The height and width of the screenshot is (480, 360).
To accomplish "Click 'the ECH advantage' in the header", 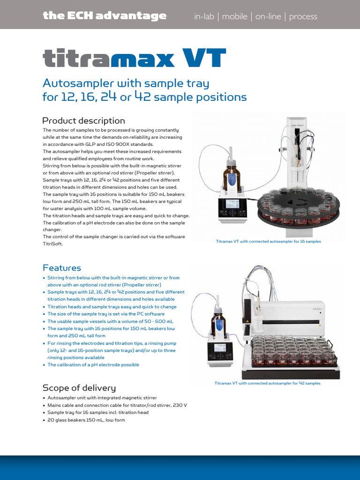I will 104,16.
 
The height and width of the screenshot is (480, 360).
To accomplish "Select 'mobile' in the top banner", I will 234,16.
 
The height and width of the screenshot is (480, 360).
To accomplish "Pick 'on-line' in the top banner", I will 268,16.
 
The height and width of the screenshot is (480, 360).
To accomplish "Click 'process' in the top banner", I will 303,16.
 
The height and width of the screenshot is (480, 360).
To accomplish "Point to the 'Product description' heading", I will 83,120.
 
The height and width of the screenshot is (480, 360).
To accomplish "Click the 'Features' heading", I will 61,268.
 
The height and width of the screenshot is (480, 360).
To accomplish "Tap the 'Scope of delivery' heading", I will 79,388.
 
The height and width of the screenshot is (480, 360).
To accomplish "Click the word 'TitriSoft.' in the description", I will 53,244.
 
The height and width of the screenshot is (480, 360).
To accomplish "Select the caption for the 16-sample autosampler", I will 268,241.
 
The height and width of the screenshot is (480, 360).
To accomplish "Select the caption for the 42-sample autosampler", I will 267,383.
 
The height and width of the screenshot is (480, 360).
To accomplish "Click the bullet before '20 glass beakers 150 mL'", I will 44,420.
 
